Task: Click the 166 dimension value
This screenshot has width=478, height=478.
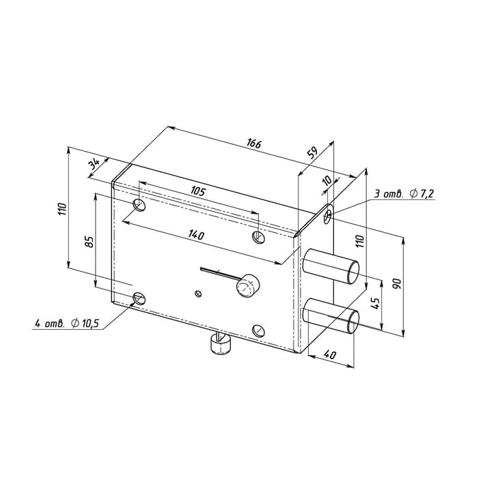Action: coord(254,143)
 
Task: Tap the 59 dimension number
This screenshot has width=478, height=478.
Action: coord(312,153)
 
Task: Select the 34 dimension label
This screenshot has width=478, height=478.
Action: coord(94,165)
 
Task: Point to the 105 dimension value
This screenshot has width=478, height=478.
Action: coord(198,191)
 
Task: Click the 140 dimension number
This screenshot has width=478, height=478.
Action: coord(197,235)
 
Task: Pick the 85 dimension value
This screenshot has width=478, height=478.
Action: coord(89,242)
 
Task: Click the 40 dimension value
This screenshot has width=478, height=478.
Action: coord(330,354)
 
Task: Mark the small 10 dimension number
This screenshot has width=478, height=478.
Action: coord(327,180)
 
